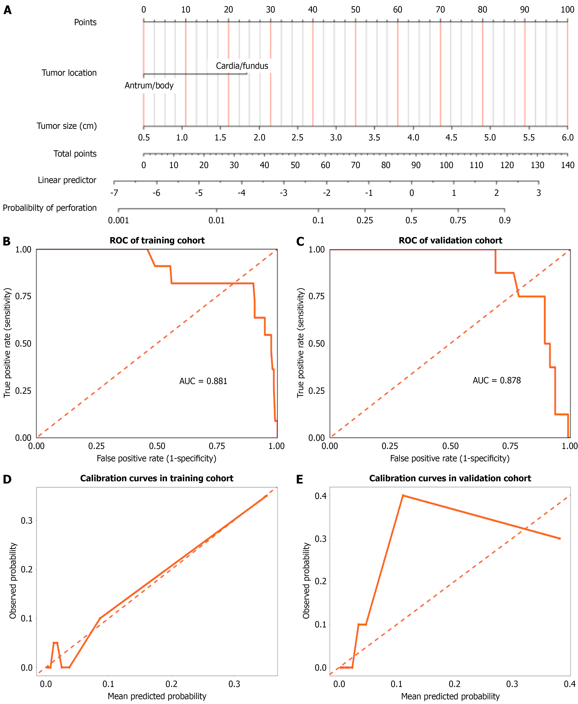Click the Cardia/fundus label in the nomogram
click(242, 66)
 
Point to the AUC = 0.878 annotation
click(496, 380)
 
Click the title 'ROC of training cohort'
click(157, 241)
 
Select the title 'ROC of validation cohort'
click(450, 241)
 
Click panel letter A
click(7, 10)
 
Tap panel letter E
click(300, 479)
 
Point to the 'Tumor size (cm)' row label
click(67, 126)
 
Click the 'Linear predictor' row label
click(67, 180)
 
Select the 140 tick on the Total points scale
click(567, 165)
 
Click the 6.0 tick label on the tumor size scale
click(567, 137)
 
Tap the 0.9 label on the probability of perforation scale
click(504, 220)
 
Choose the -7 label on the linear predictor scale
click(114, 193)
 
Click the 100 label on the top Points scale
click(567, 10)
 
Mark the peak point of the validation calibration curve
click(403, 496)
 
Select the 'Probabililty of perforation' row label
click(50, 208)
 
